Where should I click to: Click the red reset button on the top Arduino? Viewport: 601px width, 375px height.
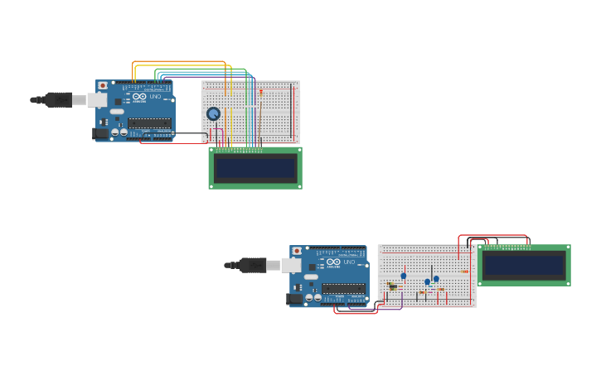tap(102, 84)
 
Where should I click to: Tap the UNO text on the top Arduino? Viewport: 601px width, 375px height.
tap(155, 97)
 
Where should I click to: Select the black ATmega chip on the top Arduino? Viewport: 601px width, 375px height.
tap(149, 123)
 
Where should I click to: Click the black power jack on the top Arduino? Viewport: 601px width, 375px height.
tap(99, 133)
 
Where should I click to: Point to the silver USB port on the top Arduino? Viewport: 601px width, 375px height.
tap(97, 100)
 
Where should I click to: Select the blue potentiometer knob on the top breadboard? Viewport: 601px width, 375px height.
tap(213, 113)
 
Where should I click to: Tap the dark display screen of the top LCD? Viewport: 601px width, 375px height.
tap(255, 168)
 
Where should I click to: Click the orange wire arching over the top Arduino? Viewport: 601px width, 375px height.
tap(178, 62)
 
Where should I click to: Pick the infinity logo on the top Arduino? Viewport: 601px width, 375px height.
tap(138, 97)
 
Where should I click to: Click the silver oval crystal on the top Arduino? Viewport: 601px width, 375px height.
tap(117, 112)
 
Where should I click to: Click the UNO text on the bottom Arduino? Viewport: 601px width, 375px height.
tap(349, 262)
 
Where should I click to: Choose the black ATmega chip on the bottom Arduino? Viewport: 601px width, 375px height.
tap(343, 288)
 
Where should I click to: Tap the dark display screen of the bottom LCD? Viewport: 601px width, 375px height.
tap(524, 265)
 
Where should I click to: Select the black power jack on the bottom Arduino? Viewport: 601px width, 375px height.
tap(293, 299)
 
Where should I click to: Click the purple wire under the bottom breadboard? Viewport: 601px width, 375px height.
tap(390, 309)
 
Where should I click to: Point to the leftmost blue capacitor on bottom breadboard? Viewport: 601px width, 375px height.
tap(404, 276)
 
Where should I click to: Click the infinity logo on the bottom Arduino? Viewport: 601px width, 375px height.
tap(332, 262)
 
